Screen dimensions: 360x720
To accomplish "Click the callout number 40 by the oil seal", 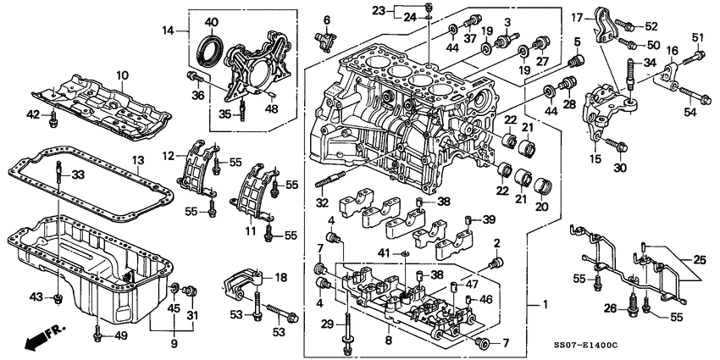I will click(x=211, y=21).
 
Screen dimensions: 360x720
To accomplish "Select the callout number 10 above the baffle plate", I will click(x=120, y=75).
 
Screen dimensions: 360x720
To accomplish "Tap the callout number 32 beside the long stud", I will click(x=323, y=203).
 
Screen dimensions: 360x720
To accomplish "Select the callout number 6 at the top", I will click(x=327, y=19).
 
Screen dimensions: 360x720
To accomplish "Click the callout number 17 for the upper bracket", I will click(x=577, y=17).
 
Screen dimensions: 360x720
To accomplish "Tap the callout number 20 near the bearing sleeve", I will click(x=543, y=207).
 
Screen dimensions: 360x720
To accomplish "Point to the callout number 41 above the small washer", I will click(x=383, y=253).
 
